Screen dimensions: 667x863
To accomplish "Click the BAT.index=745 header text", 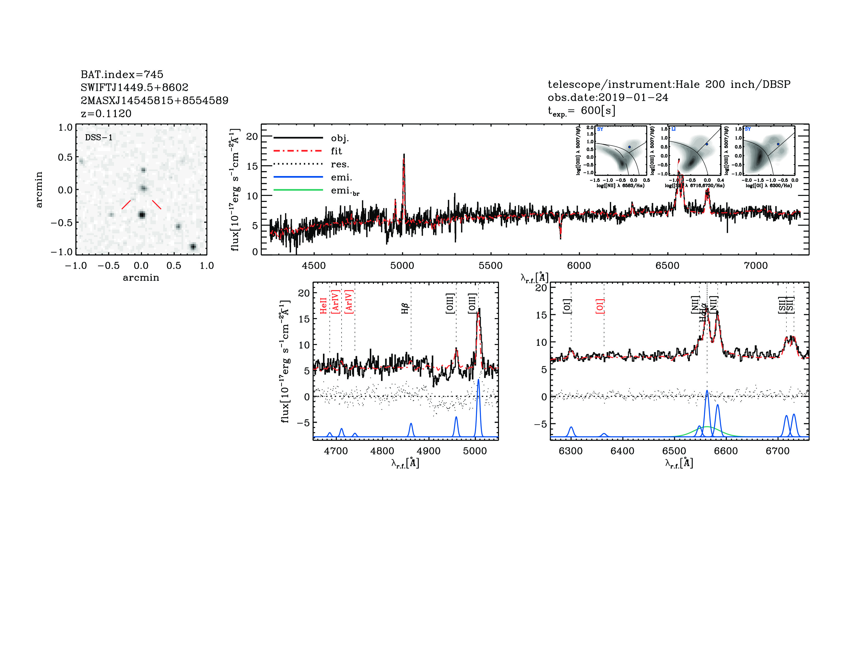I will pyautogui.click(x=122, y=74).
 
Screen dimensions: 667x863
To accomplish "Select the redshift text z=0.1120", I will pyautogui.click(x=106, y=114).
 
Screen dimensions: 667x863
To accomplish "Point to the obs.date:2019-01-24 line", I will pyautogui.click(x=608, y=97).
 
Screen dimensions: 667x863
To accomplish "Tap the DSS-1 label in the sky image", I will pyautogui.click(x=99, y=138).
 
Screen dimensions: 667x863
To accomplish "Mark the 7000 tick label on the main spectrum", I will pyautogui.click(x=756, y=265).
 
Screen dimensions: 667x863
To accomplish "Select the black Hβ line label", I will pyautogui.click(x=405, y=308).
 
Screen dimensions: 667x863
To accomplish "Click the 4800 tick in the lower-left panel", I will pyautogui.click(x=382, y=451).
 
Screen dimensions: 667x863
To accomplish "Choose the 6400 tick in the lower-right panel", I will pyautogui.click(x=622, y=451).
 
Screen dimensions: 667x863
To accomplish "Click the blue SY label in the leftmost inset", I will pyautogui.click(x=600, y=129).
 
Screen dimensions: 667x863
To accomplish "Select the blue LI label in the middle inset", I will pyautogui.click(x=673, y=129).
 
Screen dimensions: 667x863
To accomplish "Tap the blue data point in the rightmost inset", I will pyautogui.click(x=778, y=144).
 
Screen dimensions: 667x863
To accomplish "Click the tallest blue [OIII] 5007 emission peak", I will pyautogui.click(x=479, y=380).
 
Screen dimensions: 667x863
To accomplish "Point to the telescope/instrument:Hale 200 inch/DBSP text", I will pyautogui.click(x=669, y=84).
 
